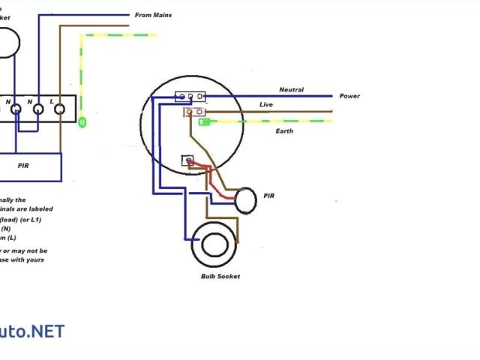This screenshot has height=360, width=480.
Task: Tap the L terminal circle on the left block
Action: pyautogui.click(x=59, y=109)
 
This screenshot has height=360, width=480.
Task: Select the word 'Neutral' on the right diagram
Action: pyautogui.click(x=291, y=90)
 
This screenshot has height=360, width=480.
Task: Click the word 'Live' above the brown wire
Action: pyautogui.click(x=266, y=104)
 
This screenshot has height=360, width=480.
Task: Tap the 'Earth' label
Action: pyautogui.click(x=283, y=131)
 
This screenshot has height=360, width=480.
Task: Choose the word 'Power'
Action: pyautogui.click(x=349, y=96)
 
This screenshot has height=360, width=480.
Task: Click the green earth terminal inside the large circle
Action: pyautogui.click(x=203, y=120)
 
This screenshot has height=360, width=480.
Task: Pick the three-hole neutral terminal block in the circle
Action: pyautogui.click(x=190, y=97)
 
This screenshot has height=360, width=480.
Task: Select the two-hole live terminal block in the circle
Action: pyautogui.click(x=194, y=112)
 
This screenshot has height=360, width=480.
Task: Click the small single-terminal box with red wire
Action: pyautogui.click(x=188, y=160)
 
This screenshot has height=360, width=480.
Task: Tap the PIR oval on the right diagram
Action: pyautogui.click(x=245, y=200)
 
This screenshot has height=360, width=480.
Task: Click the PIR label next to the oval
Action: pyautogui.click(x=269, y=196)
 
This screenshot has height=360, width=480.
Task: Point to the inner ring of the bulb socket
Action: pyautogui.click(x=216, y=245)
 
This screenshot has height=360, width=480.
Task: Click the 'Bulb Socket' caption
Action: pyautogui.click(x=220, y=277)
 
